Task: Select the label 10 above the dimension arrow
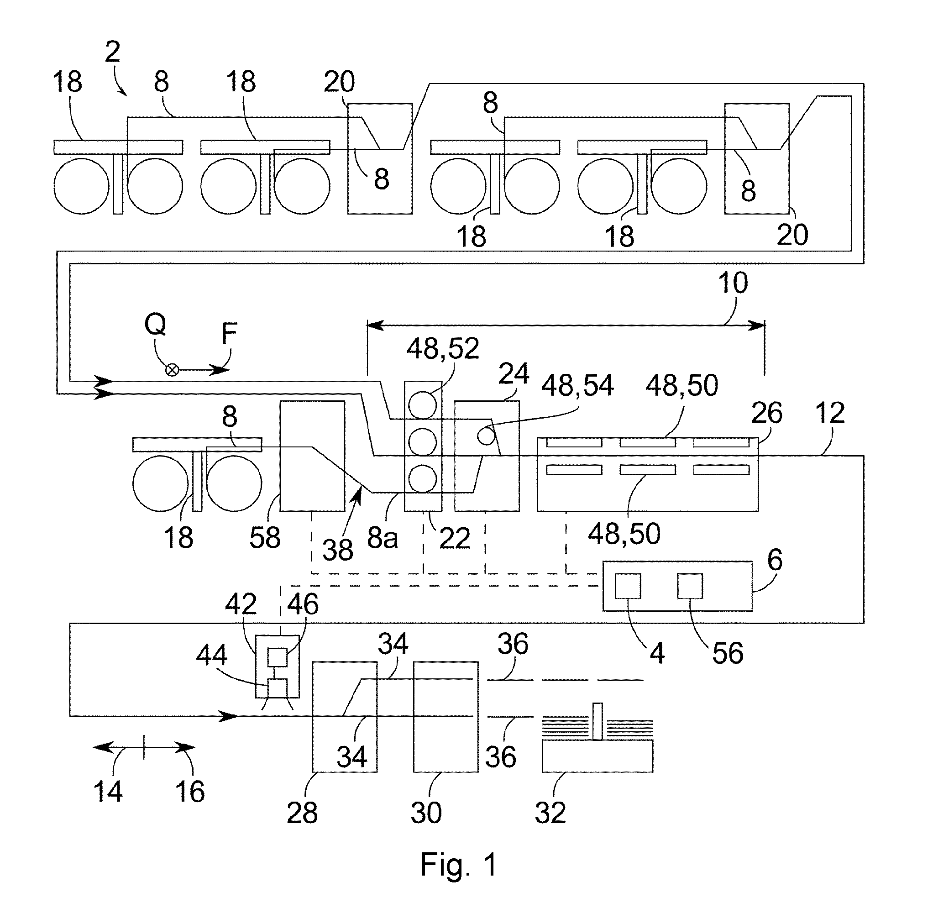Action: [733, 283]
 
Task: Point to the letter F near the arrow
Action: [229, 333]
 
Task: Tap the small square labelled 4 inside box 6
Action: [628, 586]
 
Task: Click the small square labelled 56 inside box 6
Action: [690, 586]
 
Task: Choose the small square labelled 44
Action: [277, 688]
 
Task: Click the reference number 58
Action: [265, 537]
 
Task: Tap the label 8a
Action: [383, 538]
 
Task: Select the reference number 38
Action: [337, 549]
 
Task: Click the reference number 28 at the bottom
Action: [302, 812]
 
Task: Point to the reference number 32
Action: [550, 812]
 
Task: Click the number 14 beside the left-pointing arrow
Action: [108, 791]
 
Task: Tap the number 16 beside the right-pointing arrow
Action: [190, 791]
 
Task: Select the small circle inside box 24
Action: [486, 436]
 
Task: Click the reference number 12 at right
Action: [830, 413]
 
